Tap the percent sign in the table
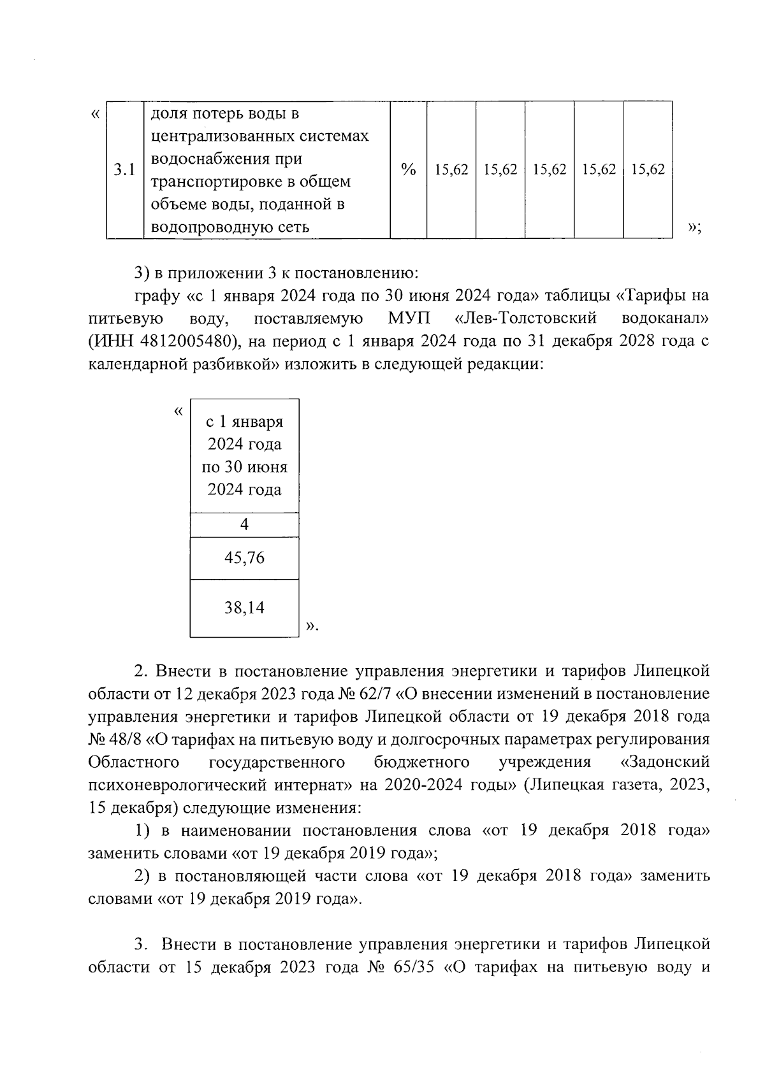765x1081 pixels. click(408, 170)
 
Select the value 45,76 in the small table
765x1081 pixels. click(244, 558)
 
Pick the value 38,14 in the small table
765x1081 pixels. click(244, 608)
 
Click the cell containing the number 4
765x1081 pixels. click(244, 524)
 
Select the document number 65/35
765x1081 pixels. click(409, 967)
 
